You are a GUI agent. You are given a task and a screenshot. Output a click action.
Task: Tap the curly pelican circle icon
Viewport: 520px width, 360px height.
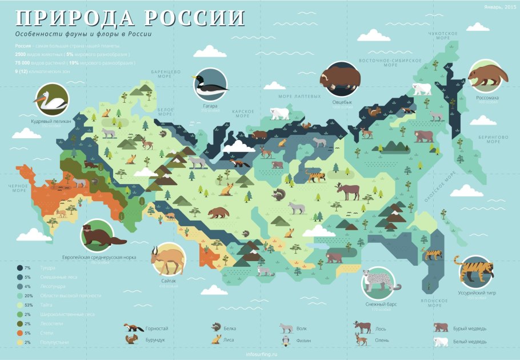pos(50,101)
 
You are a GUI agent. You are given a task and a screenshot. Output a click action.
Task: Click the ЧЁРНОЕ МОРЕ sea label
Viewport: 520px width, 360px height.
pos(18,188)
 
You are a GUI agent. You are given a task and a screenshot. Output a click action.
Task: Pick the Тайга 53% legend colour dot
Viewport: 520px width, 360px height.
pos(20,305)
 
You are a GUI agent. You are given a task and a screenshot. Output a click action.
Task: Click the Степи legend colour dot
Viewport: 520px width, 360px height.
pos(20,333)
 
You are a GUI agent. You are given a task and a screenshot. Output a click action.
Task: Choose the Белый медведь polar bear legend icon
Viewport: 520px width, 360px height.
pos(441,342)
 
